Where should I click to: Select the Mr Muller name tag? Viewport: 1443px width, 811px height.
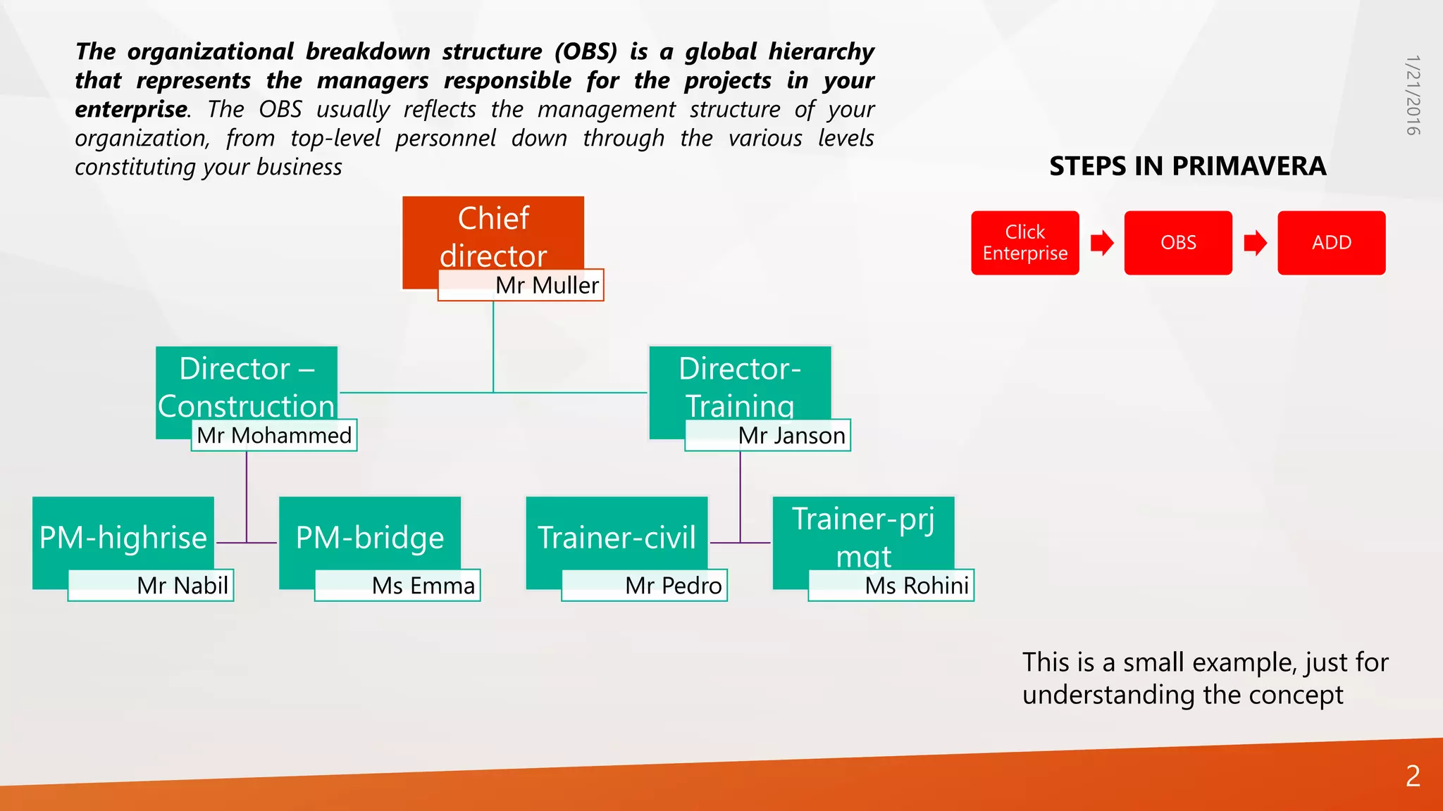521,285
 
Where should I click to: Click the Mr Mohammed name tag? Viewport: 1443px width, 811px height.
274,435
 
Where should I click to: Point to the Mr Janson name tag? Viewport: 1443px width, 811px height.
768,435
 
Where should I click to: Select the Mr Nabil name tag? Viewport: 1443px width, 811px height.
151,585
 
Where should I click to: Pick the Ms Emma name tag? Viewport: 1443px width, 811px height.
397,585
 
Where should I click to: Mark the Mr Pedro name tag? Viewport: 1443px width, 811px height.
644,585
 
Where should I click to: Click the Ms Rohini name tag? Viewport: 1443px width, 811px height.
891,585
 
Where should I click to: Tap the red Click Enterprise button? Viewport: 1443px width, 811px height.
1024,242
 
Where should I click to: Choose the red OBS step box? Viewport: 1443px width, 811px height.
1178,242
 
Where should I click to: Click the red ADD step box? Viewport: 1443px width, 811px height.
1331,242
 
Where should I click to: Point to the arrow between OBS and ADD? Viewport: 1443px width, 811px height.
1255,243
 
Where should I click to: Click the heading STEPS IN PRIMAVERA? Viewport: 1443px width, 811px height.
1187,166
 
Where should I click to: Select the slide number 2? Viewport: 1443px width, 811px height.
1413,776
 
